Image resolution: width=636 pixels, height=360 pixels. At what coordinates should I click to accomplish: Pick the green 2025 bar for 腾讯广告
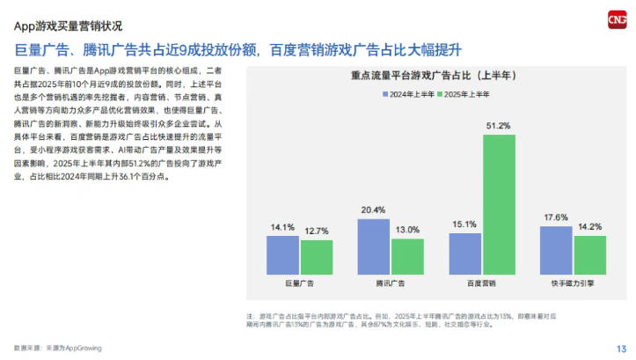(407, 256)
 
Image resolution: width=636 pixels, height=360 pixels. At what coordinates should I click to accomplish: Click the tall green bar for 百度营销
(499, 203)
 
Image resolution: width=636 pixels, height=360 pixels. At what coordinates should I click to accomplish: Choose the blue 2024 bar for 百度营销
(465, 253)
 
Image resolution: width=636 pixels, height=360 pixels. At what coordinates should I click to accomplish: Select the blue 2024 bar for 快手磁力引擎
(556, 250)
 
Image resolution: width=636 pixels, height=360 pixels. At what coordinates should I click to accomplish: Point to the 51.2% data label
(499, 126)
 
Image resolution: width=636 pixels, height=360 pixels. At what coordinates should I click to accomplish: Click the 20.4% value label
(373, 210)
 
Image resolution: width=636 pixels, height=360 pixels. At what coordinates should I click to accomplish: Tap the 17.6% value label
(556, 217)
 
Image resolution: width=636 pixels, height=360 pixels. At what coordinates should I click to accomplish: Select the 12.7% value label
(317, 231)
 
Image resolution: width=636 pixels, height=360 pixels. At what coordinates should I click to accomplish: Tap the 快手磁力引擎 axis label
(573, 284)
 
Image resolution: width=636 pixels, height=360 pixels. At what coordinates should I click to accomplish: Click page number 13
(620, 348)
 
